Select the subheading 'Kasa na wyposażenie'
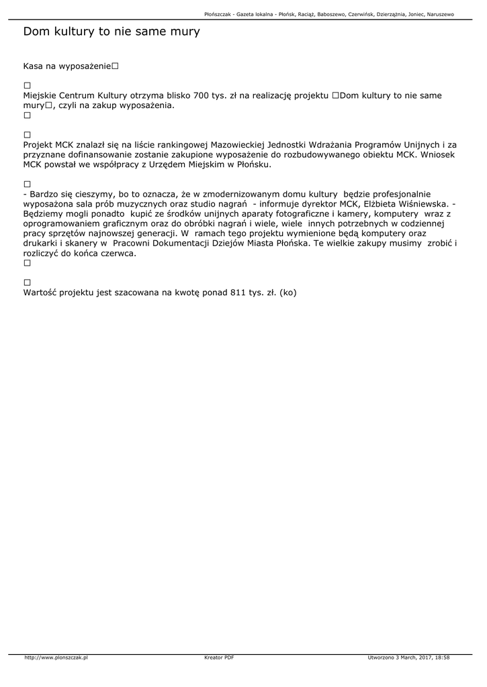(67, 67)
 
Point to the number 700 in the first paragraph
(202, 95)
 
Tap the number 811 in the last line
(238, 293)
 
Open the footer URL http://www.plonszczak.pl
(56, 657)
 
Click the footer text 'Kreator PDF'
(219, 657)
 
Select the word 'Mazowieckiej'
(238, 144)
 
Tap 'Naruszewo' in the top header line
(441, 13)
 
